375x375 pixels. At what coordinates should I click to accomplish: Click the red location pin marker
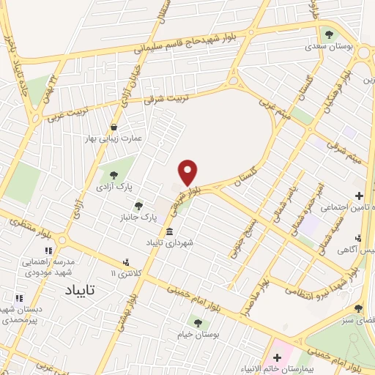click(188, 172)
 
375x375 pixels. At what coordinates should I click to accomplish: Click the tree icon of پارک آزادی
click(114, 174)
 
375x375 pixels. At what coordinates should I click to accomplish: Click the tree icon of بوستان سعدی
click(328, 34)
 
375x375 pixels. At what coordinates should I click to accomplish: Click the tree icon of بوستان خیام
click(196, 323)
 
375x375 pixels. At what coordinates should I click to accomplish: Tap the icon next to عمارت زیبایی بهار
click(114, 126)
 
